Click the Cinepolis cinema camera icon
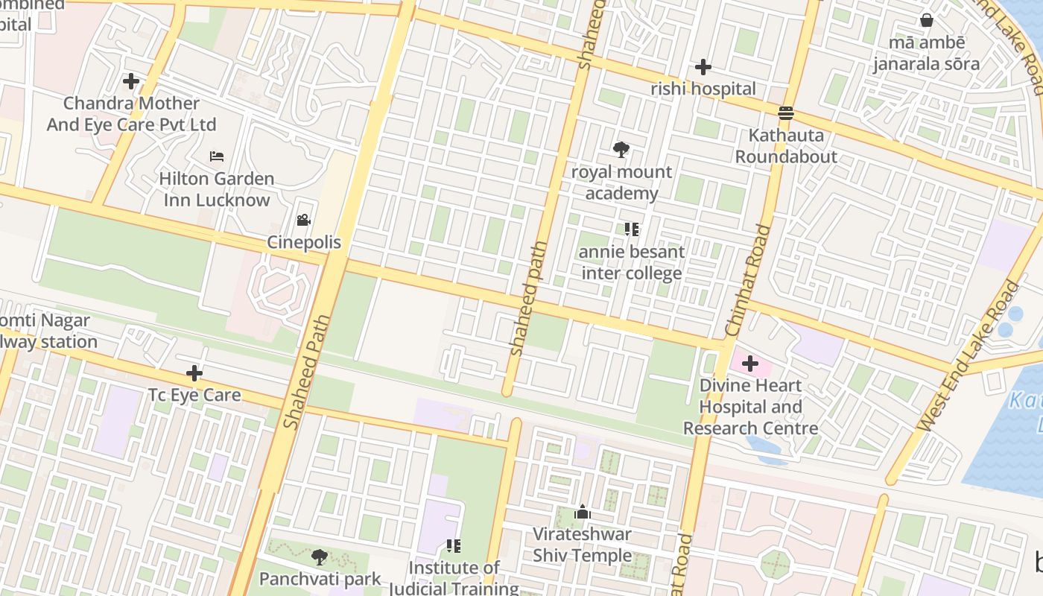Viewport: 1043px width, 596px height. point(303,221)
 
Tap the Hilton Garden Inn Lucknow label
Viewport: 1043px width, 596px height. point(217,189)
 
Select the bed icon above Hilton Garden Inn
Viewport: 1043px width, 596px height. point(217,156)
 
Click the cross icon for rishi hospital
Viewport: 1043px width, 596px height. point(702,68)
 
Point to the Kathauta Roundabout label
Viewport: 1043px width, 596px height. point(786,146)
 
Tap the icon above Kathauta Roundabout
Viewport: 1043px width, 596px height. point(786,113)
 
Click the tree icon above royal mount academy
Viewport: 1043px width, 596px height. point(621,150)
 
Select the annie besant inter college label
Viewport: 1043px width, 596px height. point(632,262)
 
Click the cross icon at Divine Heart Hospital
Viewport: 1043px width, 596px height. point(750,364)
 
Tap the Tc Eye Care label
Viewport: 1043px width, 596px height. point(194,395)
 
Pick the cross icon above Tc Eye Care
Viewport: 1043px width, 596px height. point(194,372)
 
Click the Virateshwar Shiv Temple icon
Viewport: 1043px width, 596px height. point(582,512)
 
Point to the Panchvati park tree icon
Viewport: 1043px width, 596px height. point(320,557)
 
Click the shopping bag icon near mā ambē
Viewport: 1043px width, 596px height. point(926,20)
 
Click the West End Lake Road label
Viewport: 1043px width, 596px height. point(968,356)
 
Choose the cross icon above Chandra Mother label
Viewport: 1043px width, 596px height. point(131,80)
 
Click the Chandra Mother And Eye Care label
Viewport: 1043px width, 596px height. point(132,114)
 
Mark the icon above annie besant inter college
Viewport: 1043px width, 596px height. point(632,229)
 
